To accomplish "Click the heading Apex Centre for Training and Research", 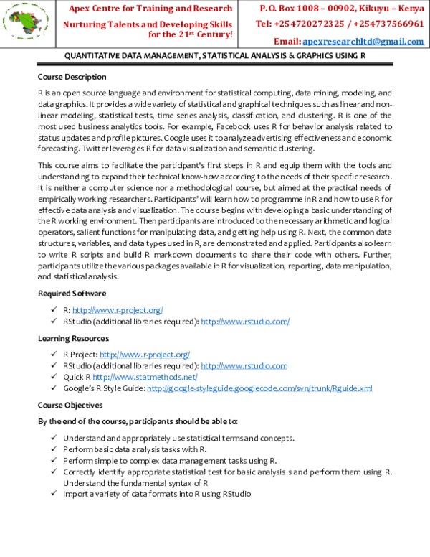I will (150, 9).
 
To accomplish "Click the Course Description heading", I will (72, 77).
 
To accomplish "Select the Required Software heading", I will (72, 293).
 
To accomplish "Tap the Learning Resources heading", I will (74, 337).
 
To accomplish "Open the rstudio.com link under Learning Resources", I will (244, 365).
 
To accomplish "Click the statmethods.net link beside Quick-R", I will (145, 377).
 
